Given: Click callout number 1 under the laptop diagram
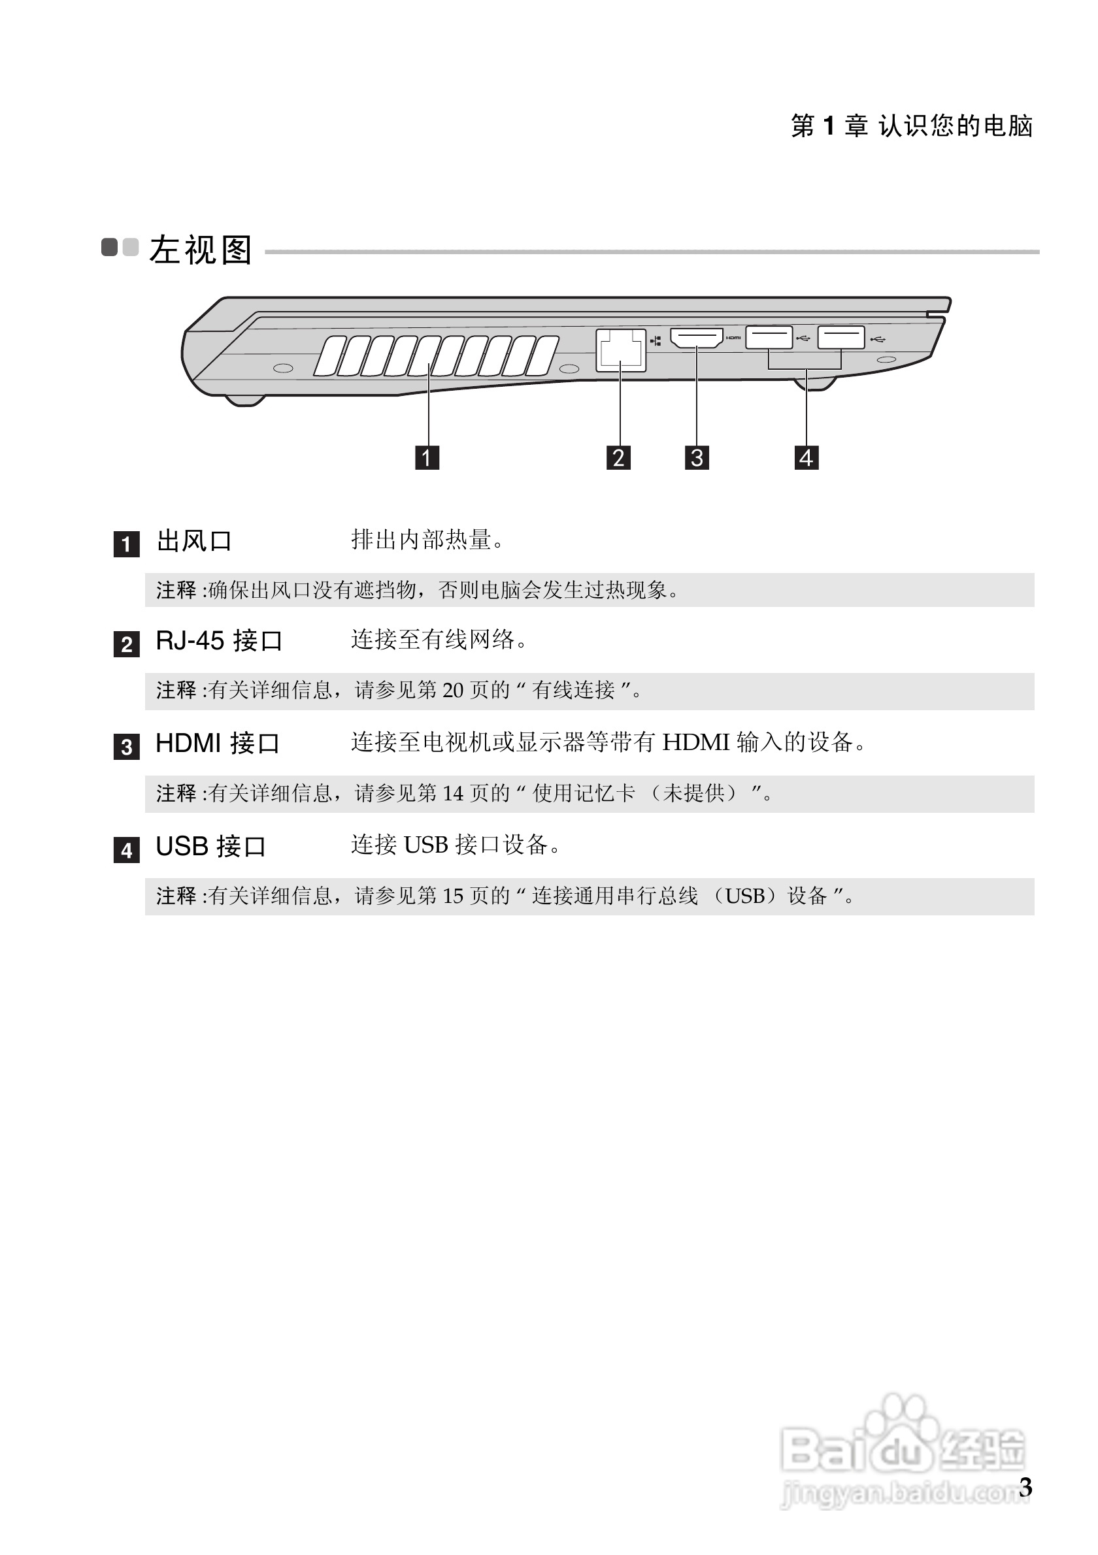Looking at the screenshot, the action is coord(427,457).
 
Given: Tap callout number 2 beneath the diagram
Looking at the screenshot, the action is coord(618,457).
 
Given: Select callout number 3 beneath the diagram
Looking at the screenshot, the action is coord(697,457).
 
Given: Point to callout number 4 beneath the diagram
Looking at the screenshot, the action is coord(806,457).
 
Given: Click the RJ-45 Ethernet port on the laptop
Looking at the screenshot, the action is coord(620,350).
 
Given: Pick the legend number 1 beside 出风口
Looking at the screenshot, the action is coord(127,544).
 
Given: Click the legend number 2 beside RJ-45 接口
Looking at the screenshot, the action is coord(127,644).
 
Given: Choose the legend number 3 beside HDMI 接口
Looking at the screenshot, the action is coord(127,747).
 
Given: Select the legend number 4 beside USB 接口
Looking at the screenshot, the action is coord(127,850).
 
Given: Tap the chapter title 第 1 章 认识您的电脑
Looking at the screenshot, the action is coord(912,126).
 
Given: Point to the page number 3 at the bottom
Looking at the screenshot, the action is coord(1025,1486).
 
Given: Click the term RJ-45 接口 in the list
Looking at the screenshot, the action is coord(219,641).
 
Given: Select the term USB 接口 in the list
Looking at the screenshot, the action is coord(210,847).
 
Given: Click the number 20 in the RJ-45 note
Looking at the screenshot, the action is coord(453,690).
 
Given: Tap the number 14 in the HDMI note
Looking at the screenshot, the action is coord(453,793).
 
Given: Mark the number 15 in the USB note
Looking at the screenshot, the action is coord(453,896).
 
